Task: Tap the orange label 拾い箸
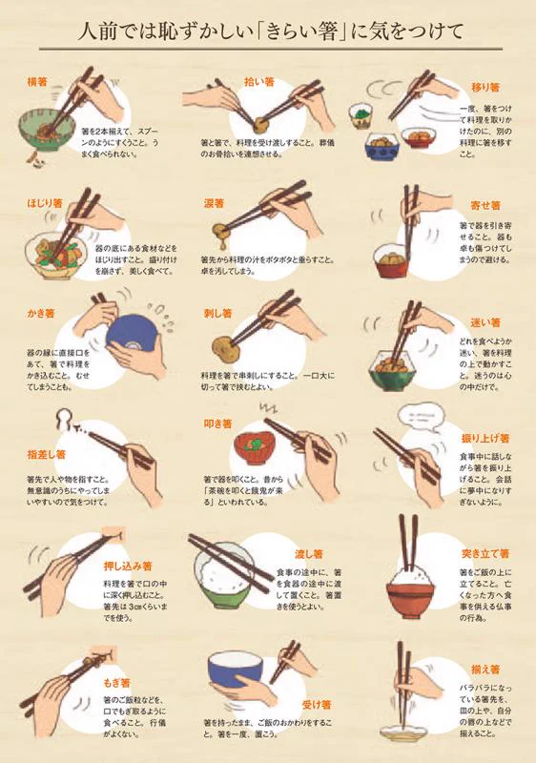point(259,82)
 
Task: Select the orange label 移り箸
point(485,87)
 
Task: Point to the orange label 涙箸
point(214,203)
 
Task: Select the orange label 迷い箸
point(485,322)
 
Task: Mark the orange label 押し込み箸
point(127,566)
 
